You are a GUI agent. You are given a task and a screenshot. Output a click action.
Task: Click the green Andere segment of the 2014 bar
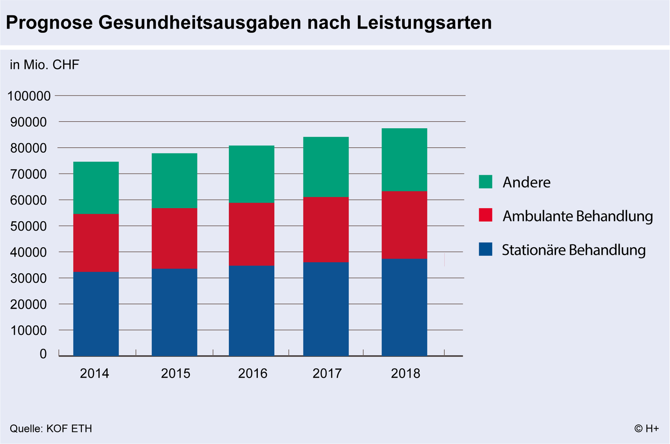(96, 188)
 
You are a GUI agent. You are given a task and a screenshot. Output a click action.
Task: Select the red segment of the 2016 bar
(251, 234)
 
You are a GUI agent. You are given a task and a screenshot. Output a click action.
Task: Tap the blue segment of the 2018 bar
(404, 307)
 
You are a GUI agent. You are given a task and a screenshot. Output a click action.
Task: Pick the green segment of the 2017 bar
(326, 167)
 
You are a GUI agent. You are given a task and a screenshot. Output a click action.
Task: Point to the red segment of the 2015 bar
(174, 238)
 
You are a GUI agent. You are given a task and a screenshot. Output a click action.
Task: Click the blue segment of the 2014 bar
(96, 314)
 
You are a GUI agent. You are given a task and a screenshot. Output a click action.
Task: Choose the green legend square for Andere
(485, 182)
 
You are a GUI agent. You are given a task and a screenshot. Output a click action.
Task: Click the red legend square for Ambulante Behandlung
(485, 215)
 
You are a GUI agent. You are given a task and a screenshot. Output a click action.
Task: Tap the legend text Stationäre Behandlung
(573, 250)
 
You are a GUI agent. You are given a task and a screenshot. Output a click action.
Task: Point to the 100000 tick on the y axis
(29, 96)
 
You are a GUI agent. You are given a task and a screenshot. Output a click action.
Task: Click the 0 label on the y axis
(43, 354)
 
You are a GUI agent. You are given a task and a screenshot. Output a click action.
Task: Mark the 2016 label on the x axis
(253, 373)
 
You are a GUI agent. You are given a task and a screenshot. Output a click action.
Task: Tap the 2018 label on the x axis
(405, 373)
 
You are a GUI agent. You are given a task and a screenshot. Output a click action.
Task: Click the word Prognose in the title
(49, 22)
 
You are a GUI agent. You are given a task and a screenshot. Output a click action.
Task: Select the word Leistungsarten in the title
(424, 22)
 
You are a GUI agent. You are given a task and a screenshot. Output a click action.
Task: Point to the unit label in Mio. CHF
(45, 65)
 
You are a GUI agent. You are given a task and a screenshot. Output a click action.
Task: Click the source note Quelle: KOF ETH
(51, 428)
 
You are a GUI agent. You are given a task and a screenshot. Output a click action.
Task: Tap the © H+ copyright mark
(646, 428)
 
